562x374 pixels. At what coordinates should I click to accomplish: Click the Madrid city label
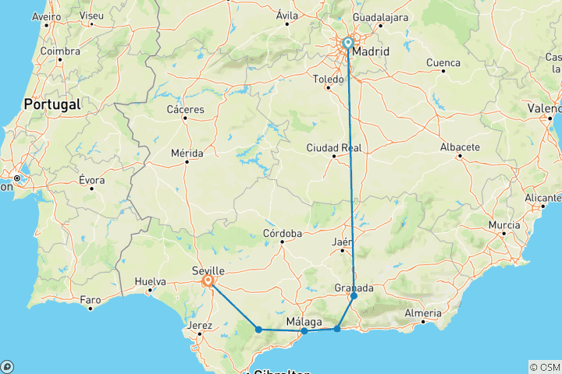(x=371, y=51)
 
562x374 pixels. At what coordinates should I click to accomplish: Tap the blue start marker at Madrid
(x=347, y=44)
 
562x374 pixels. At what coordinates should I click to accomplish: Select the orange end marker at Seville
(x=208, y=280)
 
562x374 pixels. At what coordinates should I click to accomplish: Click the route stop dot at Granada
(x=354, y=296)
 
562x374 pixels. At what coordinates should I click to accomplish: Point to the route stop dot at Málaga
(x=304, y=331)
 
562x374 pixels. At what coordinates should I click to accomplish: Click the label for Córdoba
(x=283, y=234)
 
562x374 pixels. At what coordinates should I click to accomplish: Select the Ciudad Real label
(x=334, y=148)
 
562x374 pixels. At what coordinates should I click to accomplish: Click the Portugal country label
(x=52, y=104)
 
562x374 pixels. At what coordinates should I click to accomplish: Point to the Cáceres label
(x=186, y=110)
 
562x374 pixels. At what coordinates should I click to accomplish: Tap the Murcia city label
(x=503, y=225)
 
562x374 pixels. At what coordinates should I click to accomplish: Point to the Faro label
(x=91, y=299)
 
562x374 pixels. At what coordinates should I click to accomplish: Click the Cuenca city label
(x=443, y=62)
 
